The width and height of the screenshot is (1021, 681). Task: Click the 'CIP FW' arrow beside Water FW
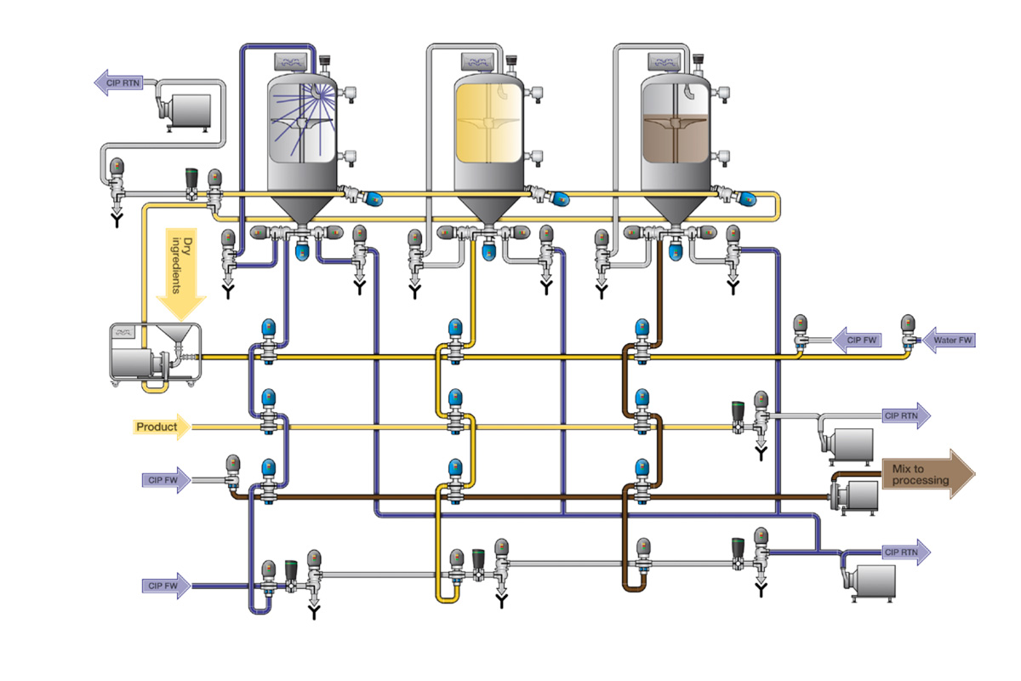tap(855, 340)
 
